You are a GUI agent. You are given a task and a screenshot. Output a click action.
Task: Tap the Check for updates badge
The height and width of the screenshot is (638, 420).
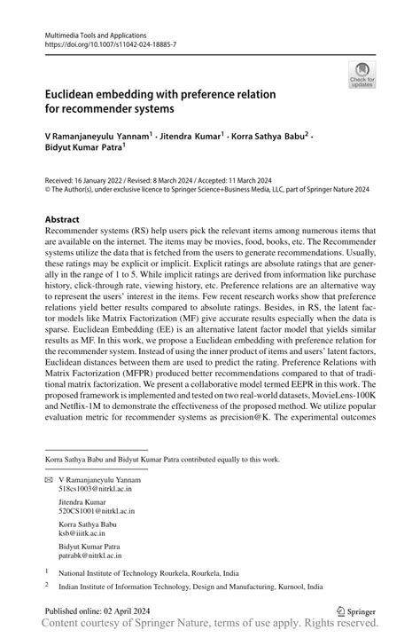362,76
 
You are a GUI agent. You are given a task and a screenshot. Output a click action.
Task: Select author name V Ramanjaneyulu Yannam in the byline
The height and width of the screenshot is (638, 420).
98,136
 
